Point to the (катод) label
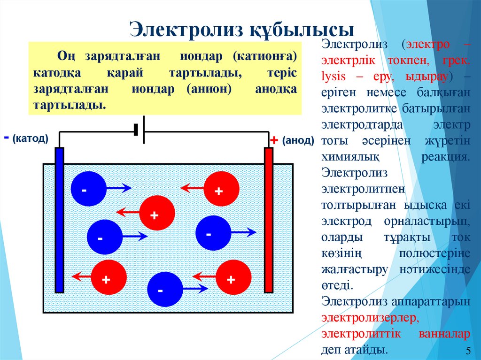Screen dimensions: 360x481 pyautogui.click(x=31, y=139)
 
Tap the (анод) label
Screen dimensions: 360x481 pyautogui.click(x=298, y=141)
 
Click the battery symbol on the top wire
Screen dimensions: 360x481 pyautogui.click(x=139, y=130)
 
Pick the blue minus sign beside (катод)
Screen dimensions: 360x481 pyautogui.click(x=6, y=138)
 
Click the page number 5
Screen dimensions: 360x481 pyautogui.click(x=468, y=351)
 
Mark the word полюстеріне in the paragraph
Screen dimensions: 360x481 pyautogui.click(x=434, y=253)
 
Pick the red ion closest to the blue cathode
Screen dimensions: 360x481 pyautogui.click(x=109, y=277)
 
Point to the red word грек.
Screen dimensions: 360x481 pyautogui.click(x=456, y=60)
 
